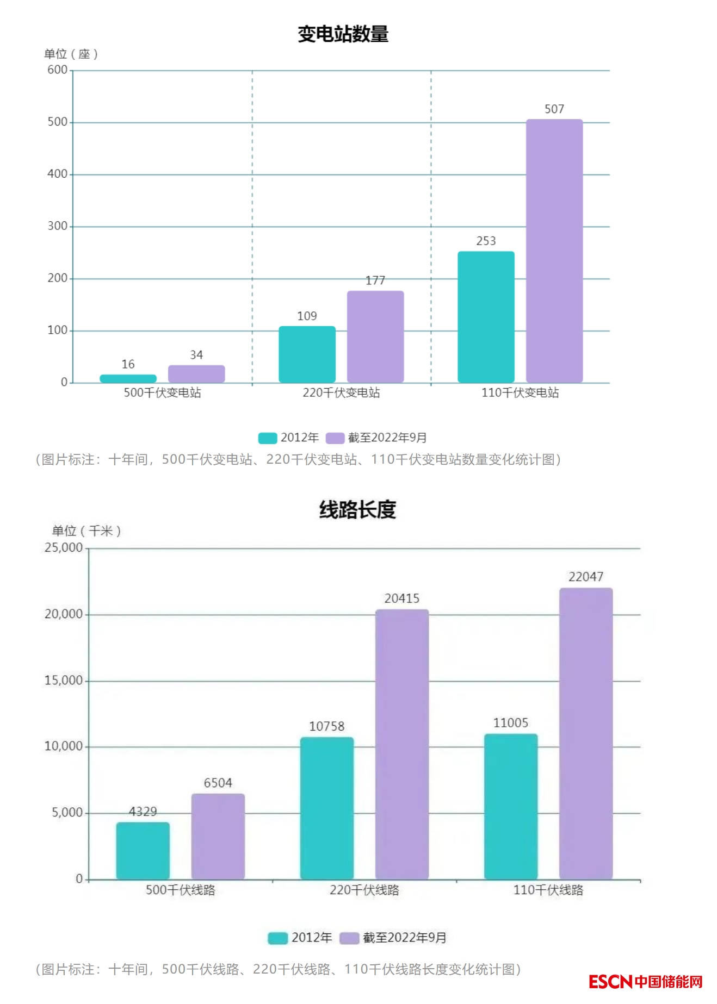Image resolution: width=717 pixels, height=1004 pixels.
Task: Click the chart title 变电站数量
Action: click(343, 34)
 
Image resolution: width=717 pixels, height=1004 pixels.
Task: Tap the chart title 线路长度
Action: click(357, 510)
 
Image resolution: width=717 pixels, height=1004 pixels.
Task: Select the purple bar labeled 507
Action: click(554, 250)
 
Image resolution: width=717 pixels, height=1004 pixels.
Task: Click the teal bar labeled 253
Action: click(486, 316)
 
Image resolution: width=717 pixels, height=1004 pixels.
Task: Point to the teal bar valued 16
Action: click(128, 378)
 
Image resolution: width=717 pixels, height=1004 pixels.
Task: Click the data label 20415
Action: click(401, 598)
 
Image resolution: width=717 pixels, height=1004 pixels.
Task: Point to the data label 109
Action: click(307, 316)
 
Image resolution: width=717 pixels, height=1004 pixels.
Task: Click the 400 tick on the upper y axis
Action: click(58, 174)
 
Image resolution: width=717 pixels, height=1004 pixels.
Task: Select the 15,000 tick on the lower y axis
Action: click(64, 681)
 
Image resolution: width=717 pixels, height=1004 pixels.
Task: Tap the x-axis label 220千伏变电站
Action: click(341, 392)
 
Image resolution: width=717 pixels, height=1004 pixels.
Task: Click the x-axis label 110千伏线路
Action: click(548, 890)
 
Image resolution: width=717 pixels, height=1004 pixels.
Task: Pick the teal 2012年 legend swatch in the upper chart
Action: click(267, 438)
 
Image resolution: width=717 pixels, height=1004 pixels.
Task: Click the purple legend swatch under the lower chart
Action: click(349, 938)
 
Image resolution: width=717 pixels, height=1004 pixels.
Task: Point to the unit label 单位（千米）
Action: click(86, 531)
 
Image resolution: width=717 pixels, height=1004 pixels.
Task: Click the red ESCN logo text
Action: click(610, 982)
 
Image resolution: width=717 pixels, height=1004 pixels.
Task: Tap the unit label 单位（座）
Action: click(71, 54)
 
